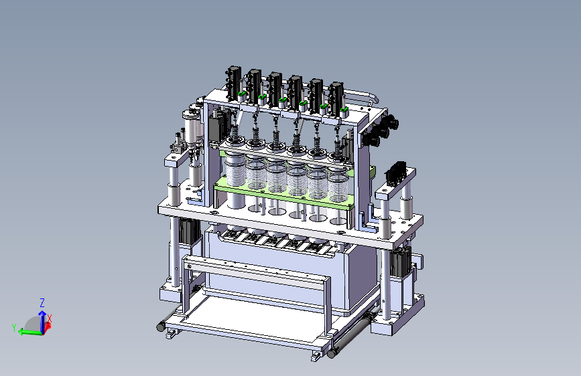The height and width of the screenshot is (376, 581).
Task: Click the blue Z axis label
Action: click(x=42, y=302)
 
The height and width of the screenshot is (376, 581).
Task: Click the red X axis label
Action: click(x=50, y=318)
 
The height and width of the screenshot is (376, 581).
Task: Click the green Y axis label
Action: click(x=14, y=328)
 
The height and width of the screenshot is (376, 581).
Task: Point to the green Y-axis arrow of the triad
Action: click(x=30, y=332)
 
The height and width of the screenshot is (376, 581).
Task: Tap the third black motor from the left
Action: click(x=275, y=89)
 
